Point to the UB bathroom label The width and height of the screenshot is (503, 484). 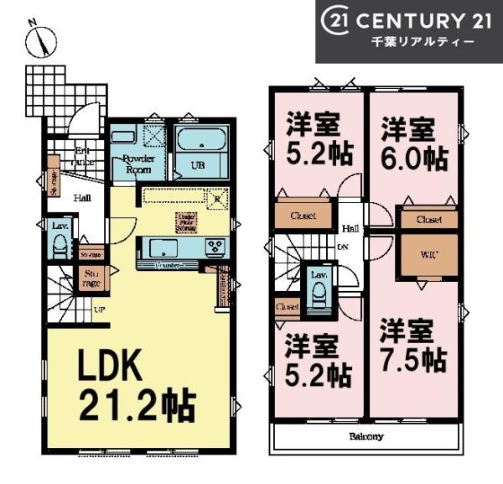coord(200,165)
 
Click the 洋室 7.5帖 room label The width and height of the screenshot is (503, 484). coord(410,345)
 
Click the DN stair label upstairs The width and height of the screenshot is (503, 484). coord(343,247)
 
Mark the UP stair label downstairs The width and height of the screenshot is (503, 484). coord(99,310)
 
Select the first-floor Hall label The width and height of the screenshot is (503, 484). coord(81,199)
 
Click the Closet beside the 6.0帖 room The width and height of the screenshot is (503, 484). coord(428,220)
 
